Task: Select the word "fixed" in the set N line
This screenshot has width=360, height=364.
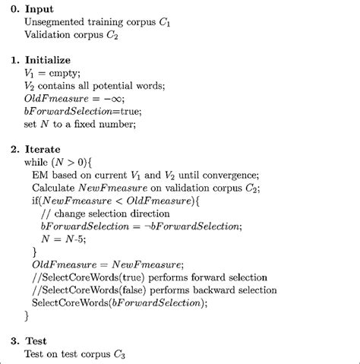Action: (112, 130)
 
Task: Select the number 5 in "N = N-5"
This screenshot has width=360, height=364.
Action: (87, 251)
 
